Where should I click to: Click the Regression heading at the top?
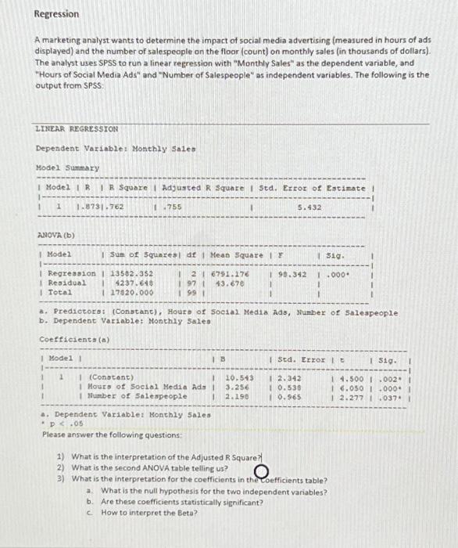coord(56,14)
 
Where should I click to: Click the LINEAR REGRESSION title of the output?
coord(77,128)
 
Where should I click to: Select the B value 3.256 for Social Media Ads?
coord(237,387)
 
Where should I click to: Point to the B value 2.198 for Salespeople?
coord(237,396)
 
